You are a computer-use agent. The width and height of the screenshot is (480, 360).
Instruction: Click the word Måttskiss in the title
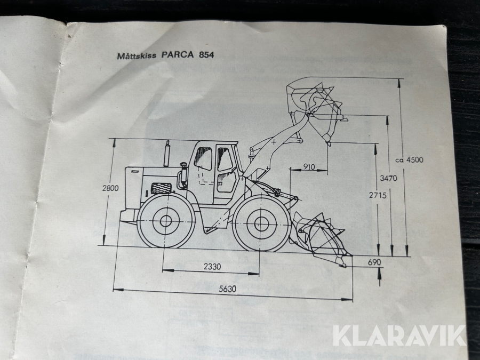(137, 55)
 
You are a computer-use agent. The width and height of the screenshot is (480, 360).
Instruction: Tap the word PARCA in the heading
(178, 55)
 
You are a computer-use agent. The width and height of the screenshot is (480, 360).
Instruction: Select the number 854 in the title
(206, 55)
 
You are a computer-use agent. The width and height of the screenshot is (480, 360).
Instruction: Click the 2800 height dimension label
(110, 188)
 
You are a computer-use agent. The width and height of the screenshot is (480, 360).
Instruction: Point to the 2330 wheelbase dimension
(212, 267)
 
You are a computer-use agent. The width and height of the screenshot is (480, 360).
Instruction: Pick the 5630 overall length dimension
(227, 289)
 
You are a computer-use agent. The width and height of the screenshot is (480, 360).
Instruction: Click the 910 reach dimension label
(309, 167)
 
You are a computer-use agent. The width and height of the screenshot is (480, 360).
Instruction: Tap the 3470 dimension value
(388, 178)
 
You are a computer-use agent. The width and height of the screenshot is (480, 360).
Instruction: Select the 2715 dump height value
(378, 195)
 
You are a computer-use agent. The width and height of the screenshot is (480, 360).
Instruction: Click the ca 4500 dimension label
(409, 160)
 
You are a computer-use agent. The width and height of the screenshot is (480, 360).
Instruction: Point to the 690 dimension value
(374, 262)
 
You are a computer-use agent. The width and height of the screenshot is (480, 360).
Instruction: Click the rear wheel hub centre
(166, 221)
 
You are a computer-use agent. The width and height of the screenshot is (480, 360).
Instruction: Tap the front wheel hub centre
(260, 224)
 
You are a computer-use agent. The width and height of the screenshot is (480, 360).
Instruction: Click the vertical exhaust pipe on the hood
(167, 154)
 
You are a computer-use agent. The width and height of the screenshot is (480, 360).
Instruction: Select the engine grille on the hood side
(161, 188)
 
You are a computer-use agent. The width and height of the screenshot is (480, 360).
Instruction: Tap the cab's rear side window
(203, 158)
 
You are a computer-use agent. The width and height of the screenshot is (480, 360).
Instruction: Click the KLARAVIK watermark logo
(399, 336)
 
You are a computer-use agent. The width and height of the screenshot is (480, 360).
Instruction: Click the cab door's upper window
(225, 159)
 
